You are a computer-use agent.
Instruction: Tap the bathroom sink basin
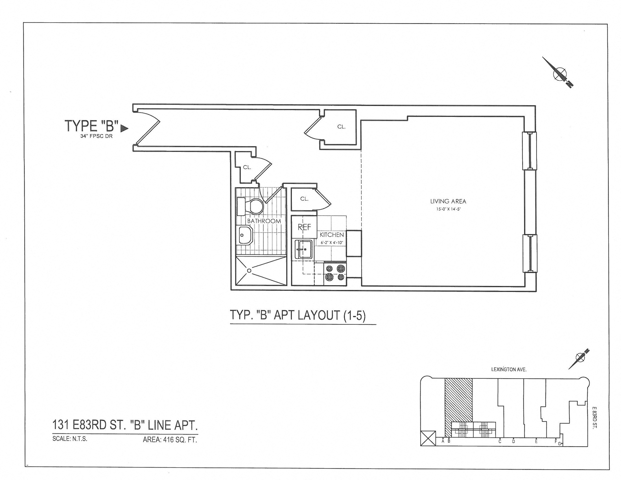click(245, 235)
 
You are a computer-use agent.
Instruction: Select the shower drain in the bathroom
click(249, 270)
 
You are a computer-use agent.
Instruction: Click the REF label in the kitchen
click(304, 227)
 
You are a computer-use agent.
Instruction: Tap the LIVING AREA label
click(448, 201)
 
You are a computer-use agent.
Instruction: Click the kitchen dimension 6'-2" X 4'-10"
click(332, 243)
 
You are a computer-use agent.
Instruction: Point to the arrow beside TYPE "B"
click(124, 129)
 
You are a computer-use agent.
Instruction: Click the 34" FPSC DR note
click(96, 136)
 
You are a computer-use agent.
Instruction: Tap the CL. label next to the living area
click(341, 127)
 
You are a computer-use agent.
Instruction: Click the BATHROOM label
click(264, 221)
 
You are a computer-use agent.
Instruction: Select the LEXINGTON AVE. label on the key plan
click(509, 370)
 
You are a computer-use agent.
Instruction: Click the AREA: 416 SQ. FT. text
click(170, 440)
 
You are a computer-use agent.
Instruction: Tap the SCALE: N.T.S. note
click(70, 438)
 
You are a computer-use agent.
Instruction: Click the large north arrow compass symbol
click(559, 74)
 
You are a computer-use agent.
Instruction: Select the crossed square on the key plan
click(428, 438)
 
